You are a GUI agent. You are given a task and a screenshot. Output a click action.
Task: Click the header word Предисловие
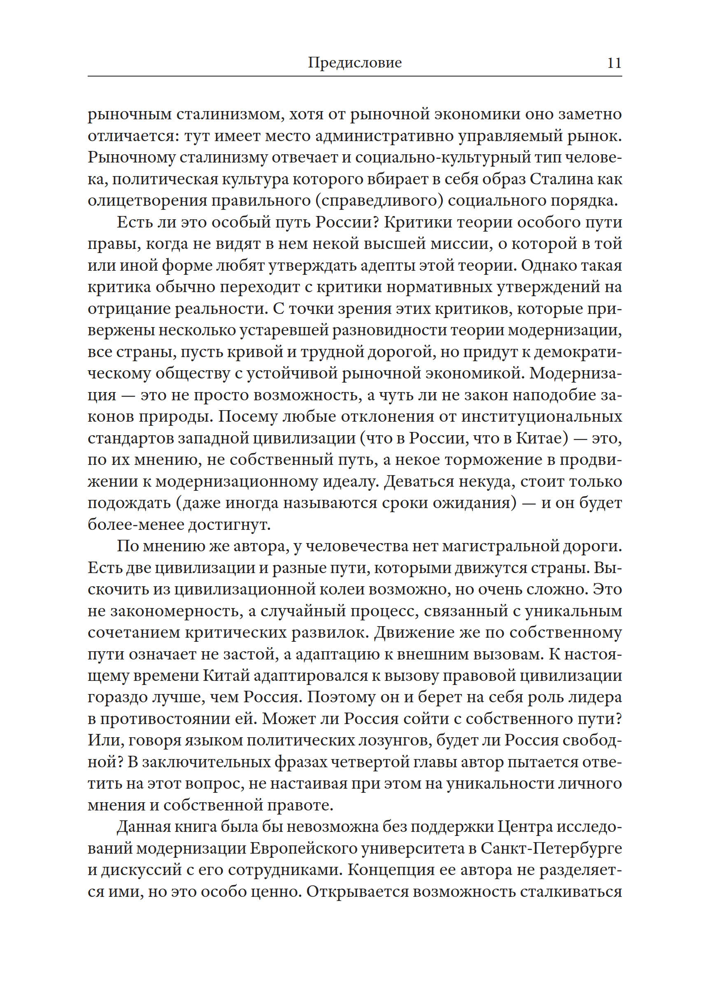click(355, 63)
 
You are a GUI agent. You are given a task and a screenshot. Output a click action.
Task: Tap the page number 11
click(614, 63)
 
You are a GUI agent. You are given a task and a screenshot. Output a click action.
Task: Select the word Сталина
click(564, 179)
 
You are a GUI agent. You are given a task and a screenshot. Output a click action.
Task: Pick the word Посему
click(247, 417)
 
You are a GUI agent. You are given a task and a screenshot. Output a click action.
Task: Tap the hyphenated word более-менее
click(136, 525)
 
